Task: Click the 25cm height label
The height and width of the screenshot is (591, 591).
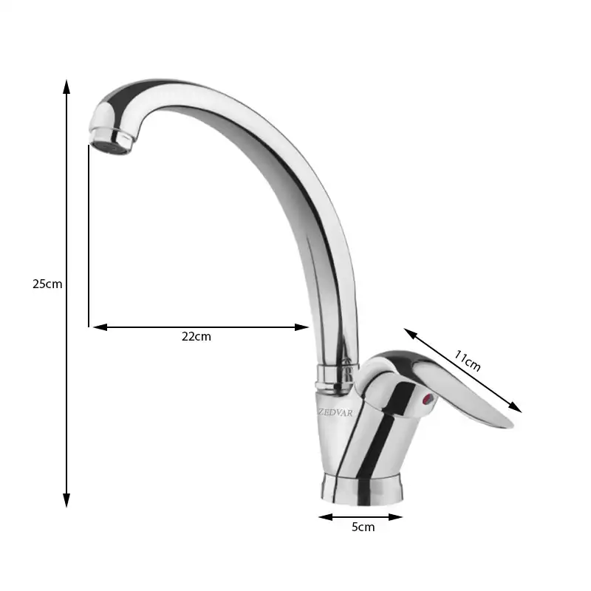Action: click(47, 284)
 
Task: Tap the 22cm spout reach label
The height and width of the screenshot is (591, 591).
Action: click(196, 336)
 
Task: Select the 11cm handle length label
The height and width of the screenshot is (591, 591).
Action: click(467, 361)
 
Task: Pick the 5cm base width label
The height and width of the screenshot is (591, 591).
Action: click(363, 527)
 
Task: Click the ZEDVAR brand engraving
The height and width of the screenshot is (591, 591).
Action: click(335, 413)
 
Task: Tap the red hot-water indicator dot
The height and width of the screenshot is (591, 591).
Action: click(428, 399)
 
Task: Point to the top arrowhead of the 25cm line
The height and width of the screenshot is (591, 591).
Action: click(66, 86)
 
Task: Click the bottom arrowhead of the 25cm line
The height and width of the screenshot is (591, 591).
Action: click(66, 501)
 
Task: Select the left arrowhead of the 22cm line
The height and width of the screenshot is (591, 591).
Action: click(100, 327)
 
